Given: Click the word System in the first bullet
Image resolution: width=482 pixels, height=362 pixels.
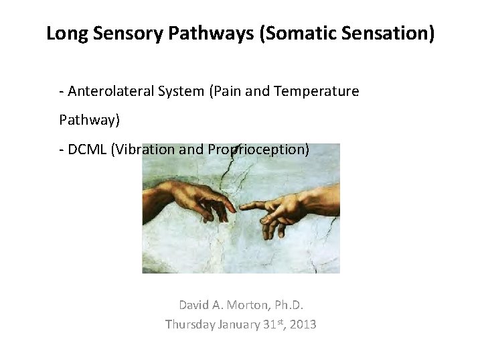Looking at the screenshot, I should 181,91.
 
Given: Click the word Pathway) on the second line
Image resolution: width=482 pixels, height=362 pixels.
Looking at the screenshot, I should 89,120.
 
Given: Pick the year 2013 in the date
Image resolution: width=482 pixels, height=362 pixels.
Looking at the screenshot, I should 302,324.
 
